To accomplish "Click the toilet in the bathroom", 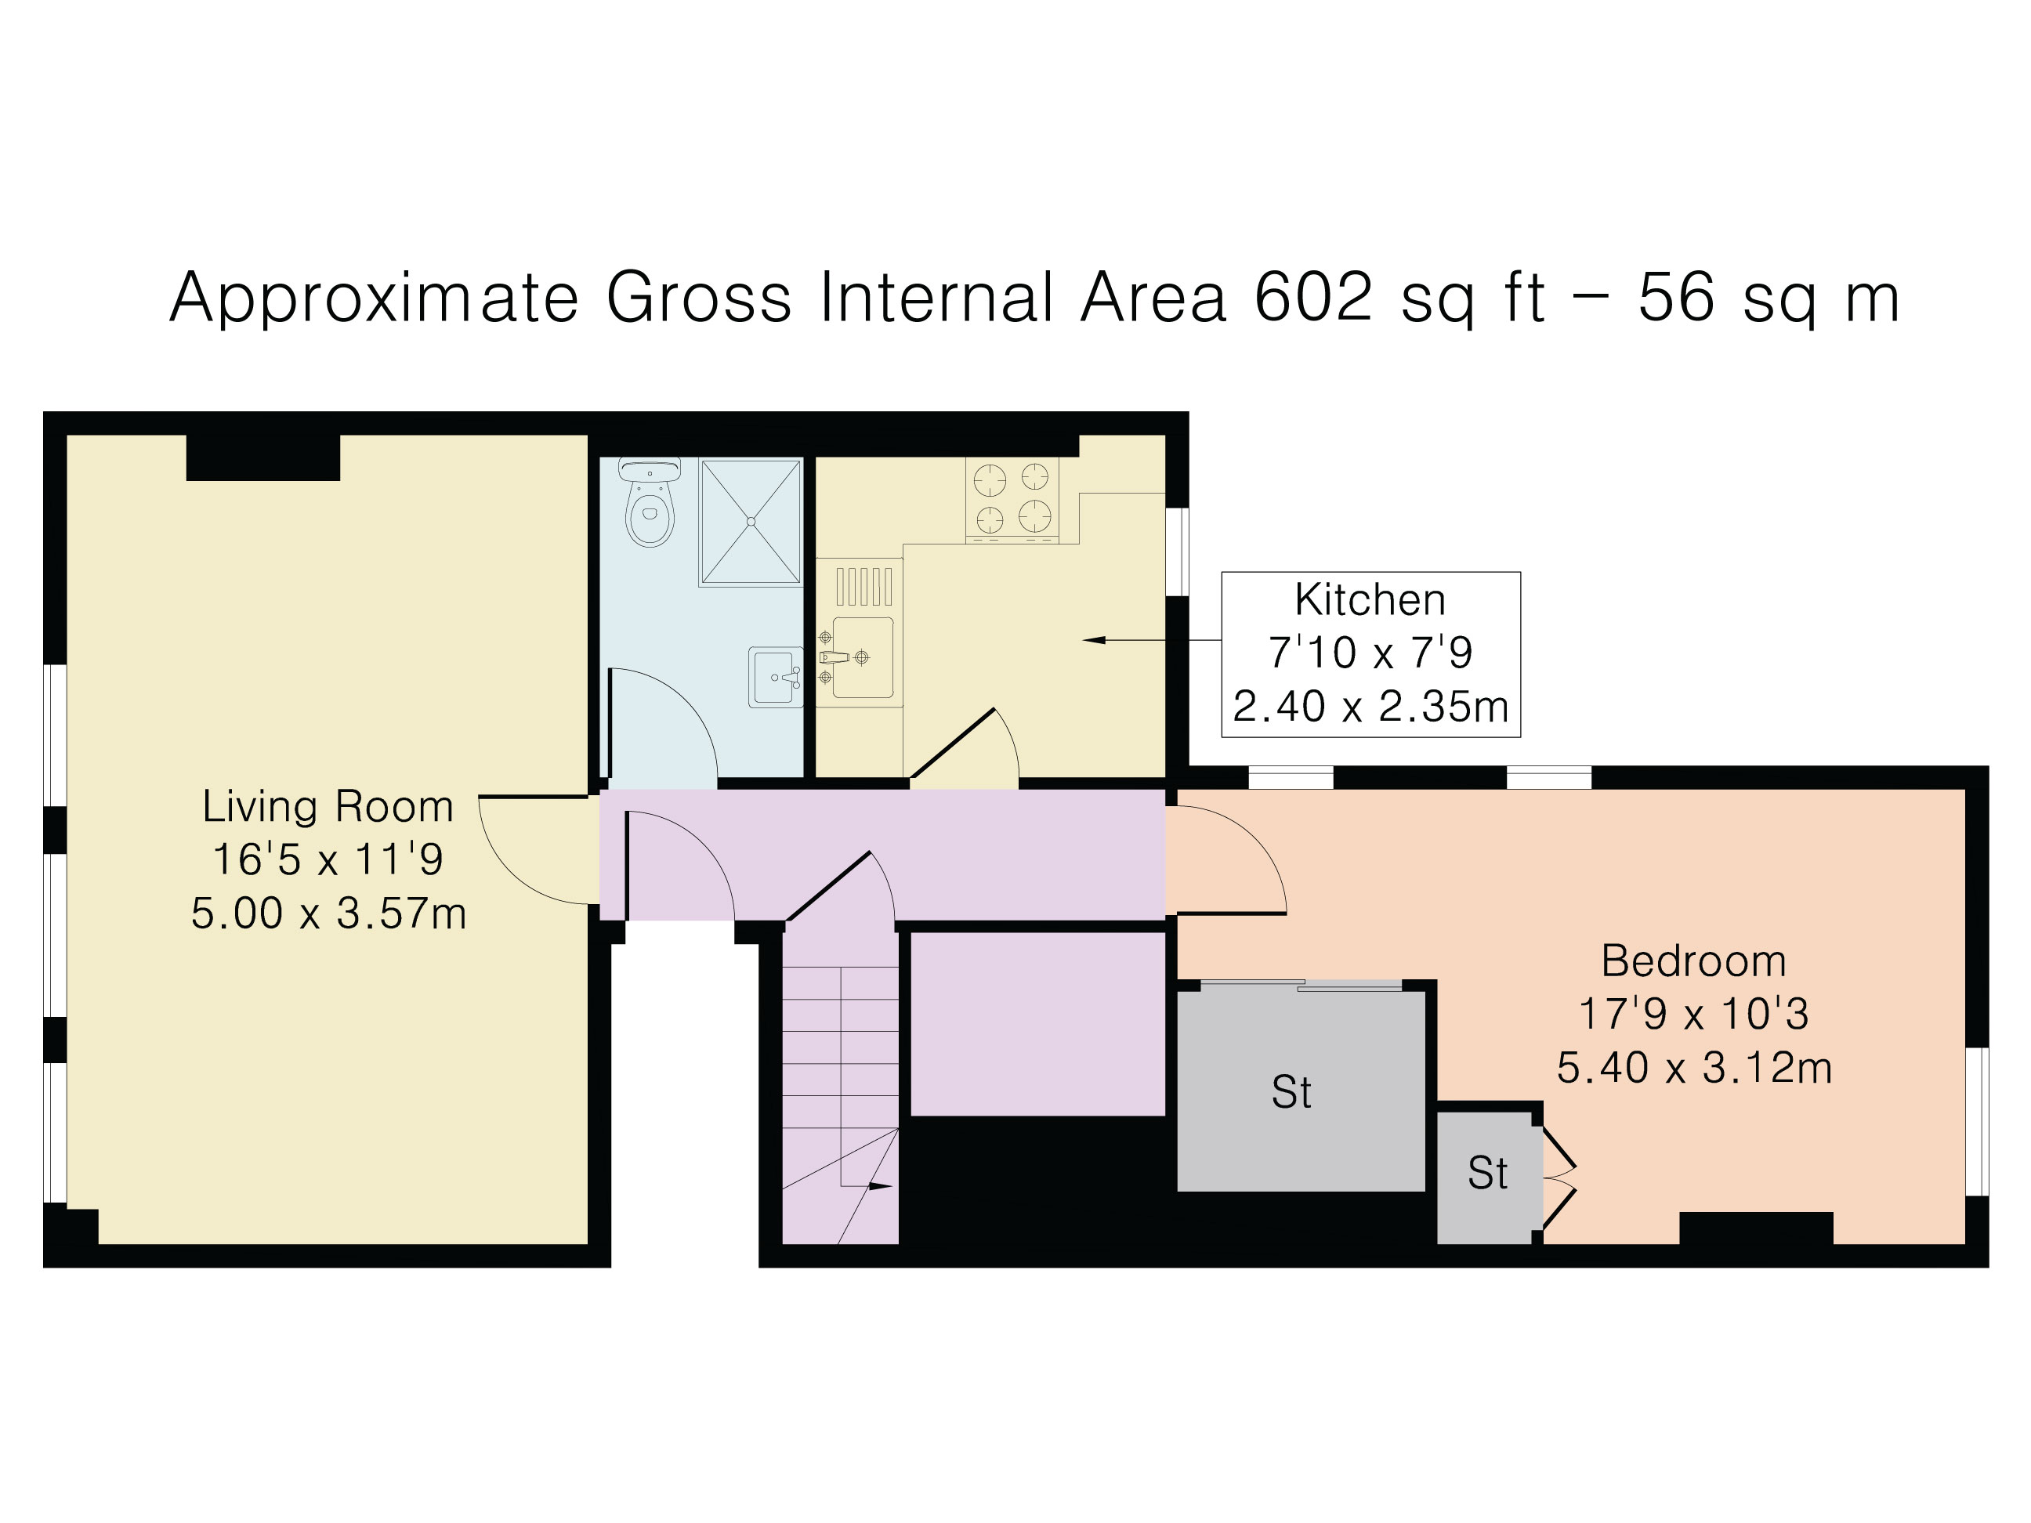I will coord(650,508).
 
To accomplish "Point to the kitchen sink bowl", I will coord(863,657).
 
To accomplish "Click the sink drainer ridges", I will coord(863,587).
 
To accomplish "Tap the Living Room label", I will coord(328,807).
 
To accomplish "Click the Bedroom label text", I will coord(1694,961).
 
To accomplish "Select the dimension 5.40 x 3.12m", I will coord(1694,1069).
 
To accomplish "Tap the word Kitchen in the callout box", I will coord(1370,600).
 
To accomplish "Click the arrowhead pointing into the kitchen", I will coord(1095,640).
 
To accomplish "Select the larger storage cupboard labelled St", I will coord(1300,1091).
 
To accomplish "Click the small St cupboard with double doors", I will coord(1487,1174).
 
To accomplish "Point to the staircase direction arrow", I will coord(878,1187).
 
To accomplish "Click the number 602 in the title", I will coord(1313,298).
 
